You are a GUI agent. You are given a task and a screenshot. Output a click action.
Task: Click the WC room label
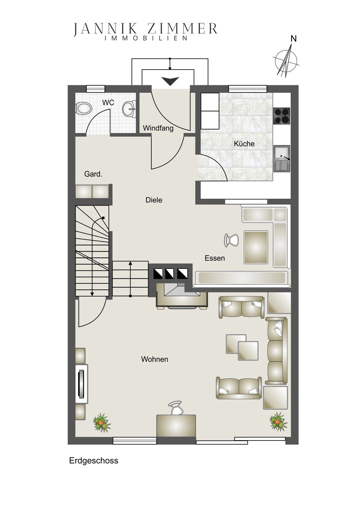(x=108, y=102)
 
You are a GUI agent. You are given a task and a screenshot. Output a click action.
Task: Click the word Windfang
(x=158, y=128)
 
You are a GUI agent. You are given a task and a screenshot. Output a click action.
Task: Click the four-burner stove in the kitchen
(x=282, y=116)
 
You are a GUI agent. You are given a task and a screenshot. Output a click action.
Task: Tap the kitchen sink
(x=282, y=158)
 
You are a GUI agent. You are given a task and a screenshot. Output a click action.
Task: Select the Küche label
(x=244, y=144)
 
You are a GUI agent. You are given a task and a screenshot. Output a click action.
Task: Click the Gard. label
(x=93, y=174)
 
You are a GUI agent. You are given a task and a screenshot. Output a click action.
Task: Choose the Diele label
(x=154, y=200)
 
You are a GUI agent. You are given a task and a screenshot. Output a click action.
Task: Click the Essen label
(x=215, y=258)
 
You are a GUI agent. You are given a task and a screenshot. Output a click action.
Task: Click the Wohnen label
(x=155, y=359)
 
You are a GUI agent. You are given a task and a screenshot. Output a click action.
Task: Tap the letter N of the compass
(x=293, y=39)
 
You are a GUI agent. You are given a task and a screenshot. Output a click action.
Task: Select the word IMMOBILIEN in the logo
(x=146, y=38)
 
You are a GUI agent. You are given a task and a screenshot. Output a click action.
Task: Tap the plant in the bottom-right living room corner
(x=278, y=421)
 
